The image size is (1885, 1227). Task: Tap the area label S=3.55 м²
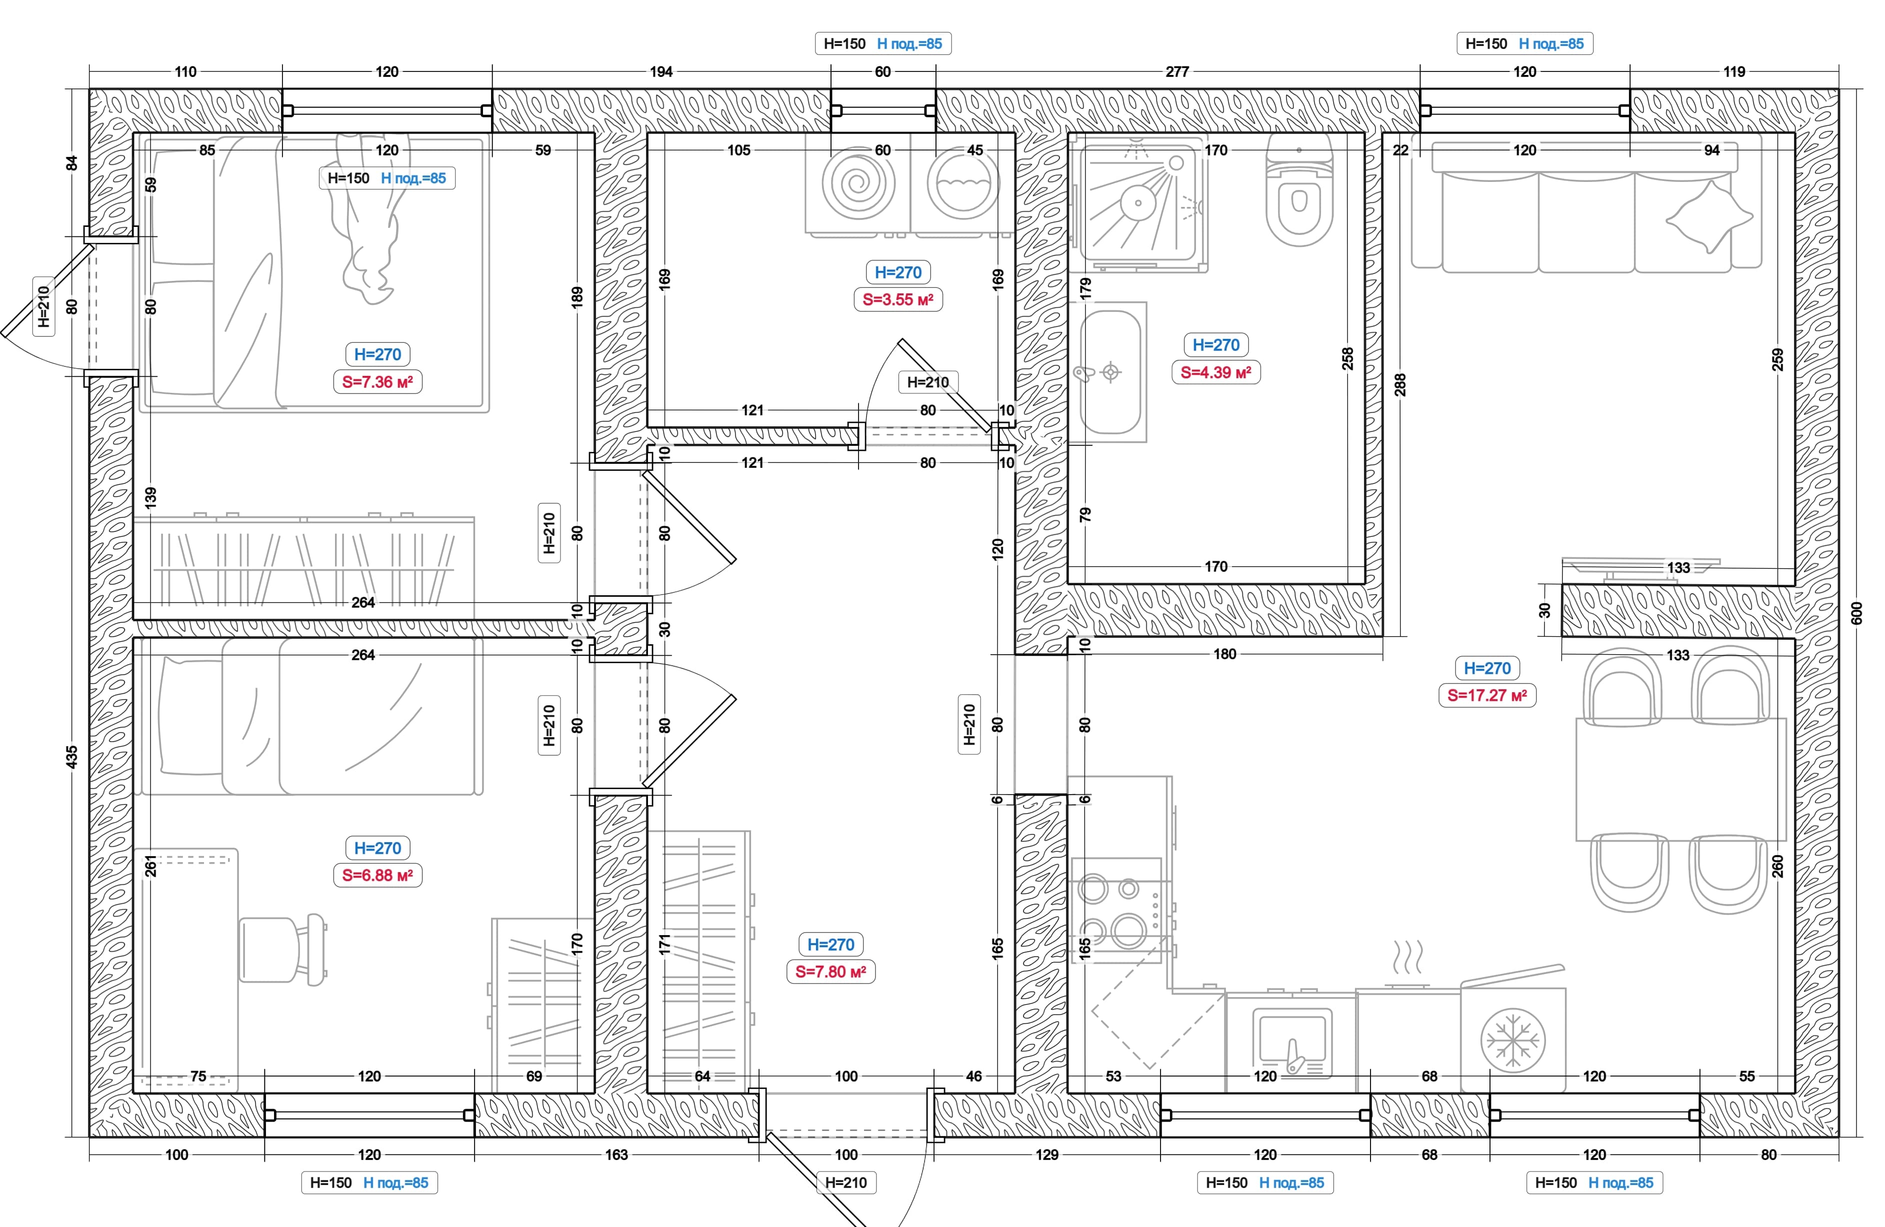(x=897, y=300)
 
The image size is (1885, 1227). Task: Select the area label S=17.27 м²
(x=1486, y=696)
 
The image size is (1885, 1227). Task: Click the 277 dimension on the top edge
(x=1177, y=72)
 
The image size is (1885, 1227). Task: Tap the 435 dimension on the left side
(x=72, y=757)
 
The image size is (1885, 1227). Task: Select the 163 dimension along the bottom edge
(x=616, y=1155)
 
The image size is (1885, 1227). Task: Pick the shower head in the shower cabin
(x=1138, y=202)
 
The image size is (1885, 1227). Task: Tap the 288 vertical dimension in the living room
(x=1400, y=385)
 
